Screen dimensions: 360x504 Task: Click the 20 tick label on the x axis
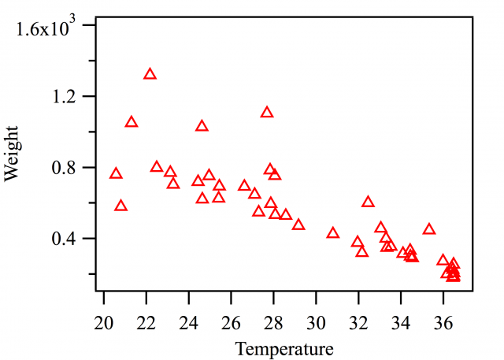coord(104,321)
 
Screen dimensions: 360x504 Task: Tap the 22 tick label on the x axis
coord(146,321)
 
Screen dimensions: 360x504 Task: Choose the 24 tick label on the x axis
coord(189,321)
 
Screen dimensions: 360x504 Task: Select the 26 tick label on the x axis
coord(232,321)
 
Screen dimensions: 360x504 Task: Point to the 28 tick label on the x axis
coord(274,321)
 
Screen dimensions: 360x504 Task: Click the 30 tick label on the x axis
coord(317,321)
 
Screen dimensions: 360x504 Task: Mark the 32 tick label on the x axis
coord(359,321)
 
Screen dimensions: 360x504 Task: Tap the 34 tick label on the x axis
coord(402,321)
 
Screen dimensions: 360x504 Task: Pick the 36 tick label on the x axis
coord(444,321)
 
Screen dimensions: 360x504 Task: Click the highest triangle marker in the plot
coord(150,74)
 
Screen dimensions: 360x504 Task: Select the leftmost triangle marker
coord(117,174)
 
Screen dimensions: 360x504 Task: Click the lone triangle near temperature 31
coord(333,233)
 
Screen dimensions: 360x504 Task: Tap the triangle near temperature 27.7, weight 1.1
coord(267,113)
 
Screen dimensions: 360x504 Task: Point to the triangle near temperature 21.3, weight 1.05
coord(132,122)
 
